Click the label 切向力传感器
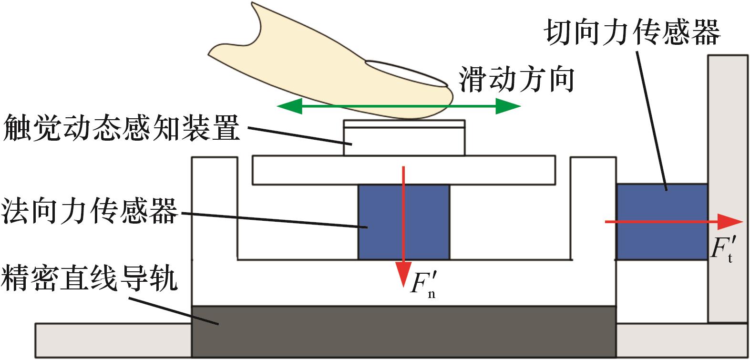click(632, 32)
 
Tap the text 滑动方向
click(516, 79)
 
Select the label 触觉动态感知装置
click(121, 128)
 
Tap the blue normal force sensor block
click(381, 222)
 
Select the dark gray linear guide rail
click(403, 331)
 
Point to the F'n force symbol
click(423, 284)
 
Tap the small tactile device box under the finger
click(404, 141)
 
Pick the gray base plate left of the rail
click(113, 340)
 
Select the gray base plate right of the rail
click(682, 340)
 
